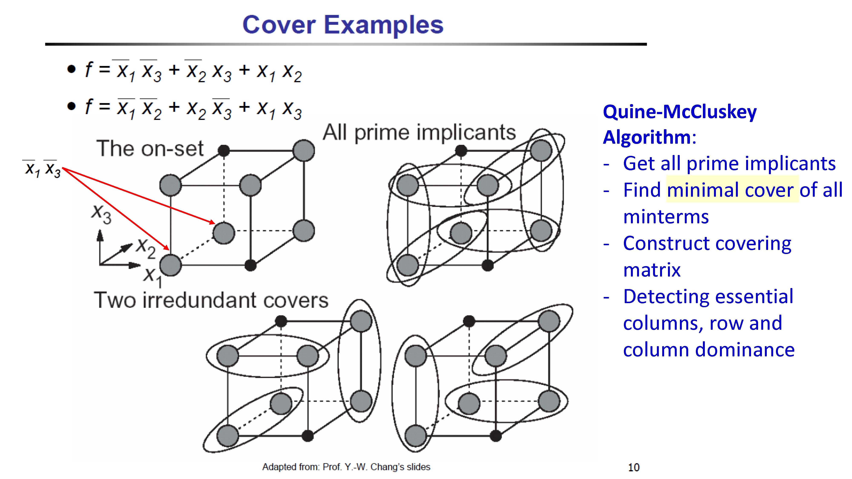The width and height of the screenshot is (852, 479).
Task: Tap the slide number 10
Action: click(x=633, y=467)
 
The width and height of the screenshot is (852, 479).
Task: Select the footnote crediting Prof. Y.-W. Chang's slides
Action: click(x=346, y=467)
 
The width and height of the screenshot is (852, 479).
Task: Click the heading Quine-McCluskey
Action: click(x=680, y=112)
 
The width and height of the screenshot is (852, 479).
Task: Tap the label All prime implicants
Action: click(x=419, y=133)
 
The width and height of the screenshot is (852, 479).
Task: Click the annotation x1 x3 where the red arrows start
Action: click(x=42, y=169)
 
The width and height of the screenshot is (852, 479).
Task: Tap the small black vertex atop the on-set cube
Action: click(x=224, y=151)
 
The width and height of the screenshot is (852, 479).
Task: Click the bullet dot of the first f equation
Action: click(x=71, y=69)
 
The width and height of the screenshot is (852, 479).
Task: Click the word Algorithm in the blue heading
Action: click(x=647, y=137)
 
